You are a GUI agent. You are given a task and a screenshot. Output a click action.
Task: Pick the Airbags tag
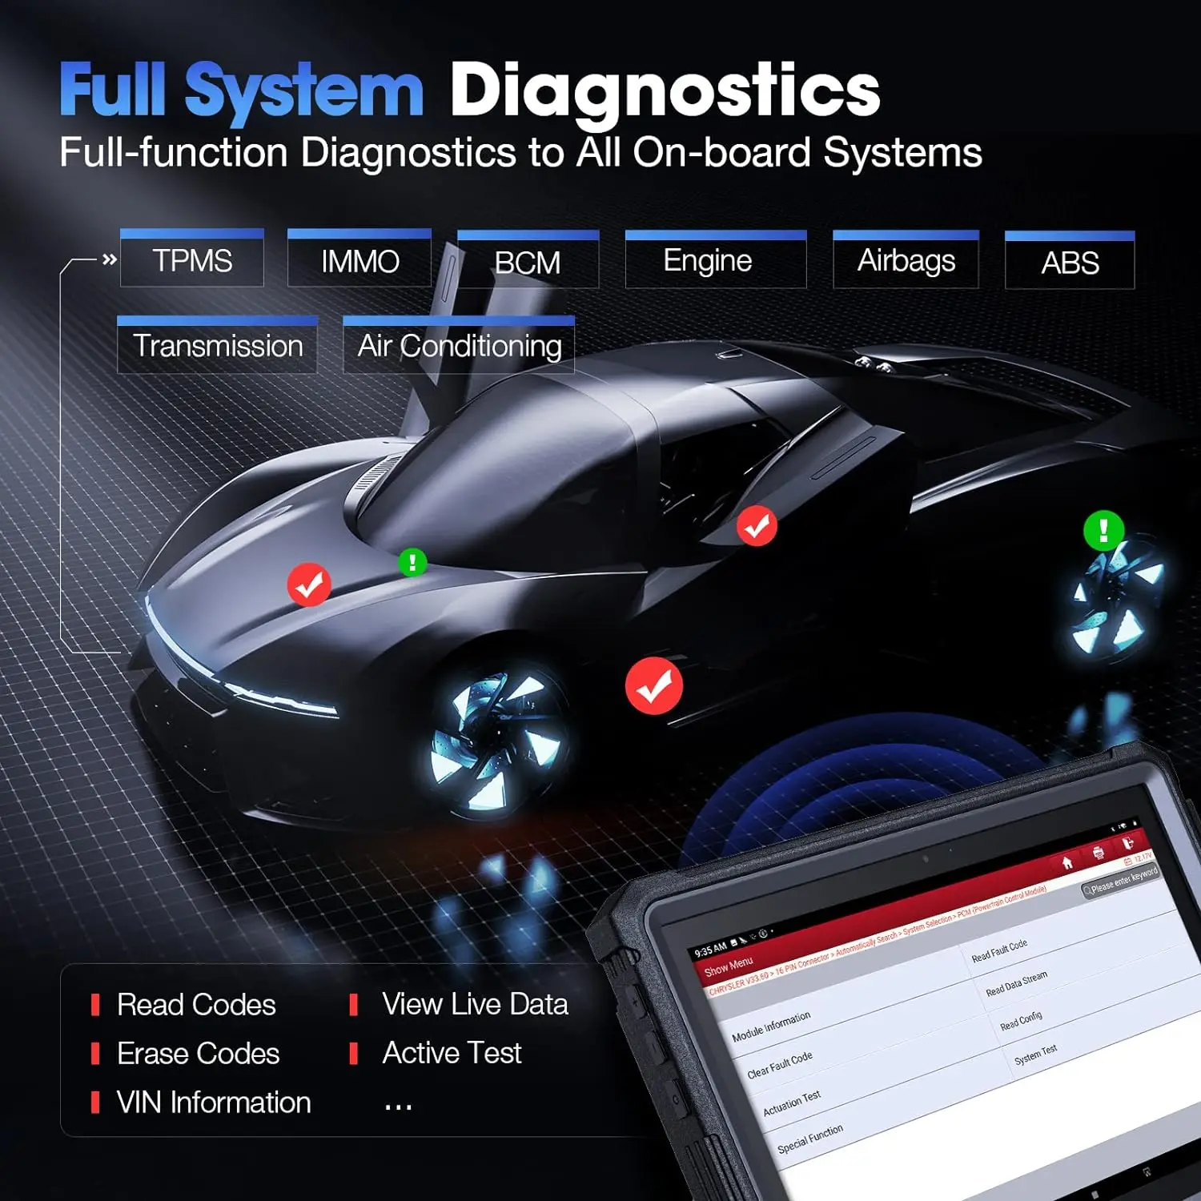(x=906, y=261)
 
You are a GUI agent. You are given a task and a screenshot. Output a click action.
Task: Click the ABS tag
(x=1070, y=263)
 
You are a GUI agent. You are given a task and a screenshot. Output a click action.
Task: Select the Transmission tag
(x=218, y=346)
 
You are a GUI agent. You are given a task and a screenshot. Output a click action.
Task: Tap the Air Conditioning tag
(x=459, y=346)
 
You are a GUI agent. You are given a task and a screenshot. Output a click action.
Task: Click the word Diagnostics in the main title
(x=665, y=90)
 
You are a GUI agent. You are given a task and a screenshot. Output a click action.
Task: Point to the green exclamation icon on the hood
(x=412, y=562)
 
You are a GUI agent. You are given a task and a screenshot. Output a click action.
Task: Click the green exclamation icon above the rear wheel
(x=1103, y=530)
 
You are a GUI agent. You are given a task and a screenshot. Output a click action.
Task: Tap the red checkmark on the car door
(x=654, y=686)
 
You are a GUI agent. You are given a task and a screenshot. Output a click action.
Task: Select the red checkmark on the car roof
(x=757, y=526)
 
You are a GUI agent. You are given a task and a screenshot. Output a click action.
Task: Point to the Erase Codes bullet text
(x=198, y=1054)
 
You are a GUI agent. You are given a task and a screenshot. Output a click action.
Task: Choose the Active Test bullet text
(x=452, y=1053)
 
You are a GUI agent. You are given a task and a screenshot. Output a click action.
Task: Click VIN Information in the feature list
(x=214, y=1103)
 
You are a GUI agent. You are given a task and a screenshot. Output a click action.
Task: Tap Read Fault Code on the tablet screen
(x=999, y=951)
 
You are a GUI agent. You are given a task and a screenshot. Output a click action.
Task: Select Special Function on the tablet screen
(x=810, y=1138)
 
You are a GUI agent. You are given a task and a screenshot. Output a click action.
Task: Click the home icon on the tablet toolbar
(x=1067, y=863)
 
